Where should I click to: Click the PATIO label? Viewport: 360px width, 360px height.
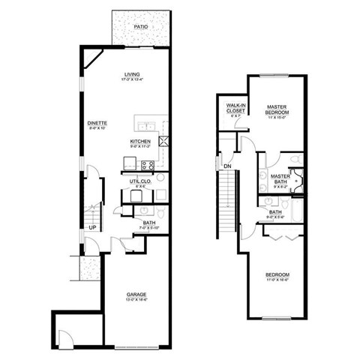tap(140, 27)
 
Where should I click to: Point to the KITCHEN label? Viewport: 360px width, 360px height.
tap(140, 141)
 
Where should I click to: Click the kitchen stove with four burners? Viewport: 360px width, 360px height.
tap(147, 165)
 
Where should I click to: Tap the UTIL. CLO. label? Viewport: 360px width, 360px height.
tap(141, 181)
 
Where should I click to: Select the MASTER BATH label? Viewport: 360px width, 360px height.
tap(280, 177)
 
